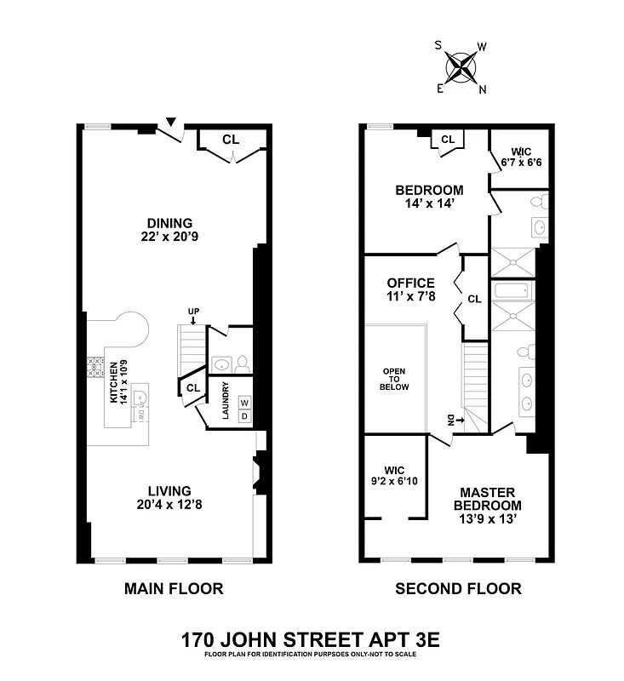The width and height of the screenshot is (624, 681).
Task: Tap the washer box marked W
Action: (x=243, y=403)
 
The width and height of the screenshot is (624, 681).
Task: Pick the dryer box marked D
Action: (x=243, y=416)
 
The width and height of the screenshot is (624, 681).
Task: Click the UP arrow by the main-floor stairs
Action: (x=193, y=316)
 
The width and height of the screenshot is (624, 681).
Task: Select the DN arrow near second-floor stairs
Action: (x=451, y=419)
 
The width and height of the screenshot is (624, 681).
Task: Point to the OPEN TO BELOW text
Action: (x=395, y=380)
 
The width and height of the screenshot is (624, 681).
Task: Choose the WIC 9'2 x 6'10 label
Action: (x=394, y=476)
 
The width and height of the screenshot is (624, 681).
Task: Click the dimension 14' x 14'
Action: (x=429, y=204)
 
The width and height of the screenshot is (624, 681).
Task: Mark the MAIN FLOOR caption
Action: (x=174, y=588)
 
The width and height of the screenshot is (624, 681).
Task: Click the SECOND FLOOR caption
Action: (x=458, y=588)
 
